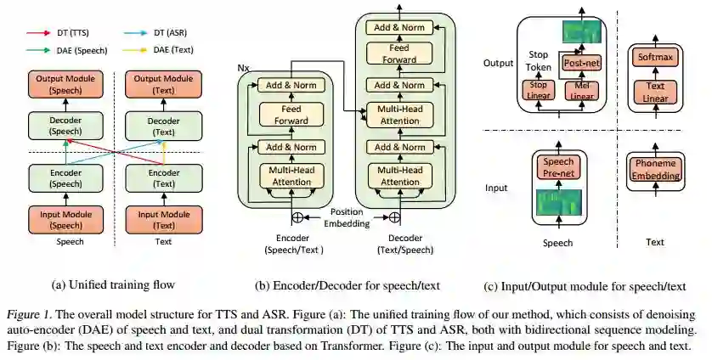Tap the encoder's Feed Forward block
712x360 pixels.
coord(291,114)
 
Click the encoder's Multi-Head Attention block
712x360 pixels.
coord(291,177)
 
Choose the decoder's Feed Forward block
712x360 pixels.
coord(398,53)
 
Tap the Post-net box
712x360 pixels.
coord(583,63)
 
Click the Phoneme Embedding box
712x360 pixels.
coord(654,170)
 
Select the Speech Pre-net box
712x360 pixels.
coord(558,168)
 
